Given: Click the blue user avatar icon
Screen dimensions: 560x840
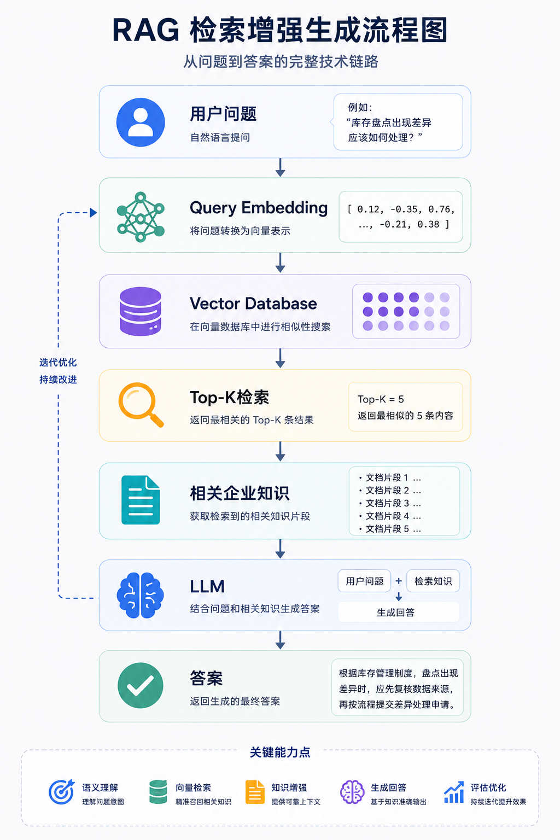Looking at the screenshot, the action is [141, 122].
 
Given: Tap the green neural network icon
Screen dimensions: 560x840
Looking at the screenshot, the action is [141, 217].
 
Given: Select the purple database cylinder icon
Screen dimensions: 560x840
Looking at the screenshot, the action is [141, 311].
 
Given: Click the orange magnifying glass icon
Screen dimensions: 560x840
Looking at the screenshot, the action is [141, 405].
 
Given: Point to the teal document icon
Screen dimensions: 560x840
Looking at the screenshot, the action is [141, 500].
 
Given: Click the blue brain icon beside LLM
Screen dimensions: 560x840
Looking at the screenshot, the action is [141, 595].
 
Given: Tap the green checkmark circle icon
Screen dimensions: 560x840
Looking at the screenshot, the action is [141, 685].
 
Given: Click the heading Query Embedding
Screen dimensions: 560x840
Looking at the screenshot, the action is [259, 208].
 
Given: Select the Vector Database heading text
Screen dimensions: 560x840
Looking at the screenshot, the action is [253, 304].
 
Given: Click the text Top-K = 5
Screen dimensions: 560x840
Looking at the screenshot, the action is [381, 399].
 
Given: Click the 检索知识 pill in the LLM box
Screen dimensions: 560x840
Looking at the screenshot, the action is [433, 581].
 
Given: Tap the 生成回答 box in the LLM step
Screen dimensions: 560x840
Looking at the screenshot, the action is [399, 612].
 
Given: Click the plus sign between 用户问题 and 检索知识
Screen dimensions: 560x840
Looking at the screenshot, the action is [399, 581].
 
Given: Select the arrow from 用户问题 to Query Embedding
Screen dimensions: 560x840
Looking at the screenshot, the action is [280, 167].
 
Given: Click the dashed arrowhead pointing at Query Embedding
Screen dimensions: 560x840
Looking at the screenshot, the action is [94, 213].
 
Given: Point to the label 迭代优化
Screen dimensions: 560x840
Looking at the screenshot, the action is [58, 362].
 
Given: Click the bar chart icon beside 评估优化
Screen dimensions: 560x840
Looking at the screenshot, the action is [454, 792].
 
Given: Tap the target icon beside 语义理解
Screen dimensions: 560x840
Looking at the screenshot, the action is [61, 792].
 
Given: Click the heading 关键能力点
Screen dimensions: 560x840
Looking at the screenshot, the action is [280, 752].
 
